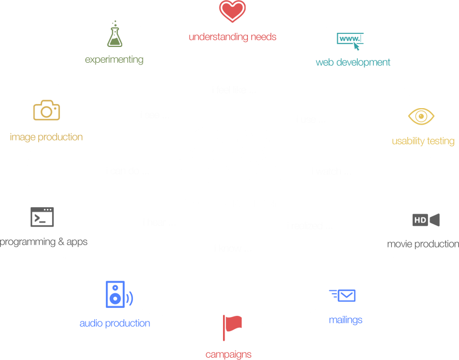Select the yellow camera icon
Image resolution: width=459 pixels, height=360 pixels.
tap(46, 110)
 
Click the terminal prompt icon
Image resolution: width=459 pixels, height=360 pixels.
tap(42, 217)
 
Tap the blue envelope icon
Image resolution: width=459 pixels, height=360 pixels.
tap(343, 295)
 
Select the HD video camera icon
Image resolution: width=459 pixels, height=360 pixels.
tap(426, 220)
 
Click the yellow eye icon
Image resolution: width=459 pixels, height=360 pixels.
tap(422, 116)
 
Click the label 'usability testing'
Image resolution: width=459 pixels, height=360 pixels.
tap(423, 141)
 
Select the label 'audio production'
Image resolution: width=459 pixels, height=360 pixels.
tap(115, 323)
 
